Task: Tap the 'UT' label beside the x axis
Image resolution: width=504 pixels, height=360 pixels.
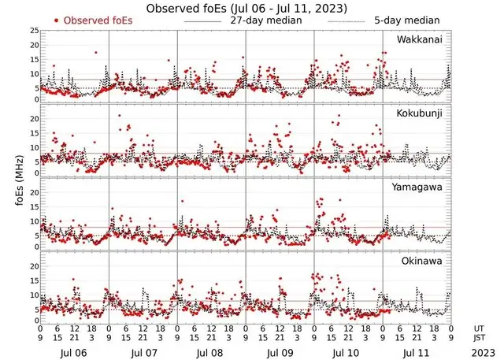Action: (x=479, y=327)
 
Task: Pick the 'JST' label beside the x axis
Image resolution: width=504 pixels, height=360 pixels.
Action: (x=479, y=336)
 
